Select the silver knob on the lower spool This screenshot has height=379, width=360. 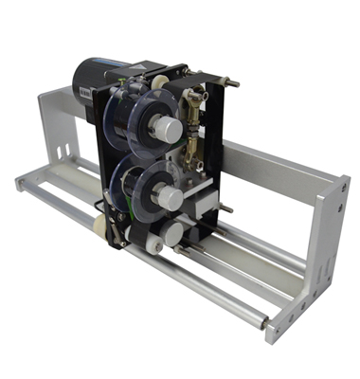click(x=168, y=197)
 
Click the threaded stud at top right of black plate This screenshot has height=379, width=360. click(x=230, y=82)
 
